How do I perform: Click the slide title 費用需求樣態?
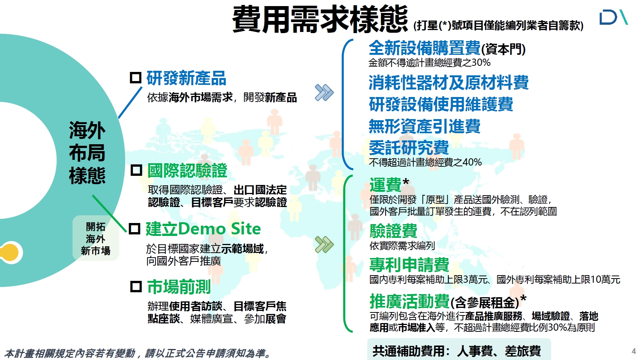320,19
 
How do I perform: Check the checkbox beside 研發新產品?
136,78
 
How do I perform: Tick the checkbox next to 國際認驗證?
136,170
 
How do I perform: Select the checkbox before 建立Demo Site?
135,229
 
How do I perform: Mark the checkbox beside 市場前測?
136,287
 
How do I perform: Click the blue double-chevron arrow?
324,92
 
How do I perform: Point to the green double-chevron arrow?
324,245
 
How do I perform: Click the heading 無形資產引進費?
424,126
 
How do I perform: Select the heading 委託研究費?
409,148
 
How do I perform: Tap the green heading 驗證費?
394,231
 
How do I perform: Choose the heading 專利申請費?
409,264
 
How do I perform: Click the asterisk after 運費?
406,182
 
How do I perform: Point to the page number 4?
634,351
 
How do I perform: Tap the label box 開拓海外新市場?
96,238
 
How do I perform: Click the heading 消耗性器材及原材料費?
449,83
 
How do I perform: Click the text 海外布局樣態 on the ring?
87,152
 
